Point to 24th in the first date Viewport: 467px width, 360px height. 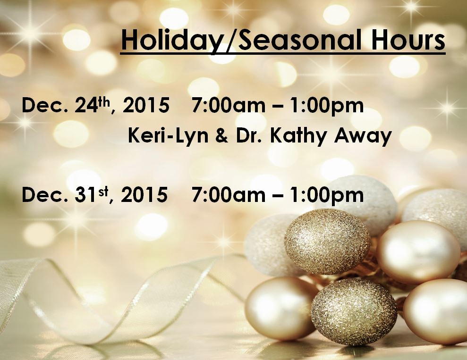point(93,105)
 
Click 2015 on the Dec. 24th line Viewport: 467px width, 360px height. point(146,106)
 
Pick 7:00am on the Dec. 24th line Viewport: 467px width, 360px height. point(229,106)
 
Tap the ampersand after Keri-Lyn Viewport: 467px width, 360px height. point(222,136)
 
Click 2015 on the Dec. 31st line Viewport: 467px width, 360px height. point(144,195)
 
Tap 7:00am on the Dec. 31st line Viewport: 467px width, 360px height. point(229,195)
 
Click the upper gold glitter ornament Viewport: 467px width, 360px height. point(327,241)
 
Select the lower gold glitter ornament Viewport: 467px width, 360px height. point(354,311)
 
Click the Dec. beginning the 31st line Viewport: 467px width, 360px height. point(45,195)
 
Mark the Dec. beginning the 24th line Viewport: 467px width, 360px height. point(45,106)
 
